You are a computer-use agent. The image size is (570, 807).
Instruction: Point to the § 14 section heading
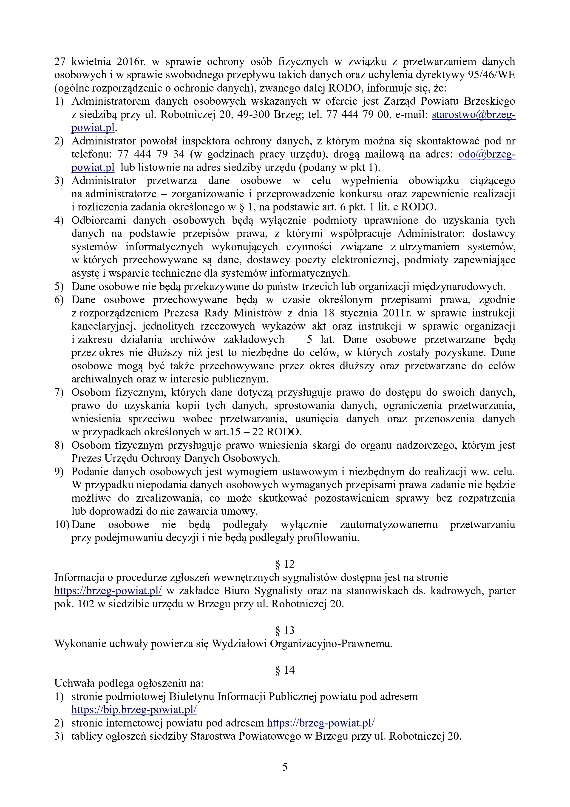[x=285, y=670]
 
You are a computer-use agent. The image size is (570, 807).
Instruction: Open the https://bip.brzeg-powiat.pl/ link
[x=134, y=710]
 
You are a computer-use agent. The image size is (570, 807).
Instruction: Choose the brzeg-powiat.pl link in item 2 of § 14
[x=321, y=723]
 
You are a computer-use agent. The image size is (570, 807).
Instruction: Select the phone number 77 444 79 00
[x=357, y=115]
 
